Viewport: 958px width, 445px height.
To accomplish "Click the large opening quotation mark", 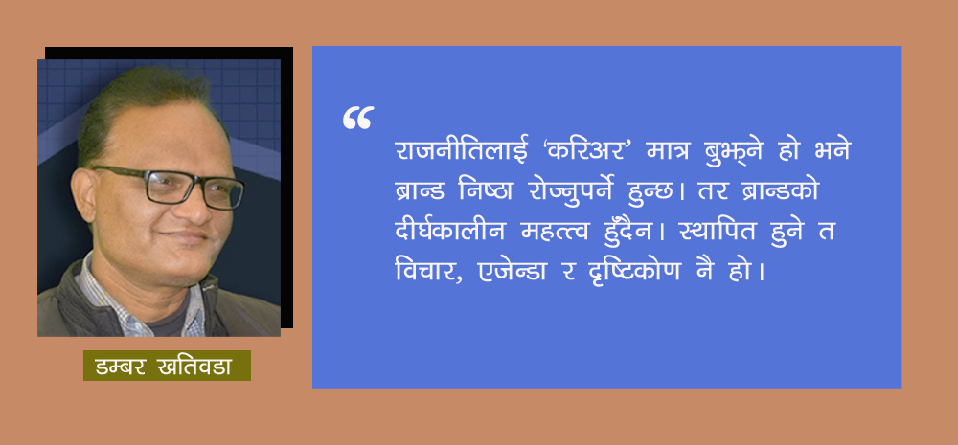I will click(x=357, y=118).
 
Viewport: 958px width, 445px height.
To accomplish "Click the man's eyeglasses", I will click(x=172, y=187).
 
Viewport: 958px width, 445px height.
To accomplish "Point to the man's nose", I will click(x=191, y=206).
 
